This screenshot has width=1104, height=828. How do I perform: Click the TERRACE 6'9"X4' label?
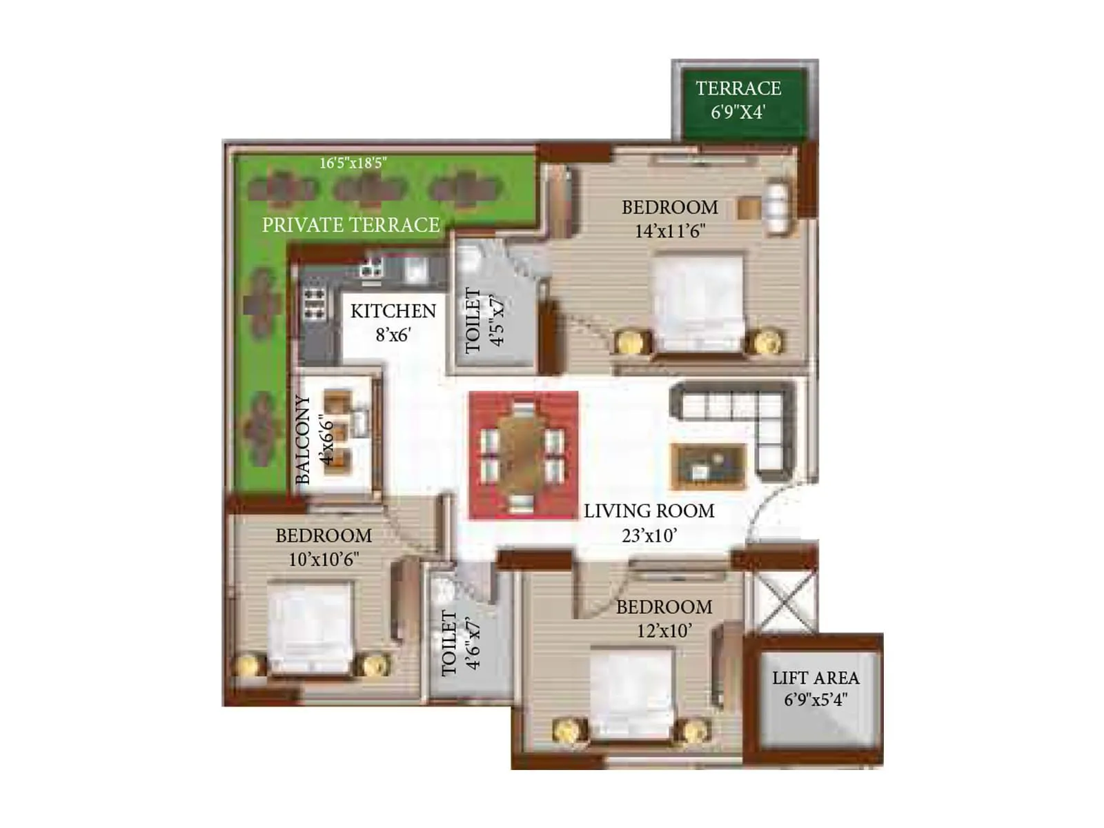[x=738, y=99]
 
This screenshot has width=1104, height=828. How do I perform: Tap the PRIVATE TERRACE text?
[x=351, y=225]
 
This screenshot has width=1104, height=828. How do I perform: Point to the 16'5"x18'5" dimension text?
[x=353, y=163]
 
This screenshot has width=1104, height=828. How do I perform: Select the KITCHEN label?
[x=393, y=311]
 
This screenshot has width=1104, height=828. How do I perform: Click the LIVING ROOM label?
[x=649, y=511]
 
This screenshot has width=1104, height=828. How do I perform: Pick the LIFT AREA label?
[x=816, y=678]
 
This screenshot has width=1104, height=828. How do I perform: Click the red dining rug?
[x=523, y=455]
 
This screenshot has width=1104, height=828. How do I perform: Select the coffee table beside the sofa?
[x=708, y=466]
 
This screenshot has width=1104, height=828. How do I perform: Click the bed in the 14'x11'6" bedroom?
[x=698, y=304]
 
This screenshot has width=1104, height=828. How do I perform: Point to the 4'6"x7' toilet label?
[x=461, y=643]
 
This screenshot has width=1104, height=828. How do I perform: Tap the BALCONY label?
[x=302, y=440]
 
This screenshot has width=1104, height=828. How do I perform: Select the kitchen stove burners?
[x=315, y=304]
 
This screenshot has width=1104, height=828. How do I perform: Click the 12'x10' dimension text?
[x=664, y=631]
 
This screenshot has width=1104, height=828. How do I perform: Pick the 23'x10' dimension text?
[x=649, y=535]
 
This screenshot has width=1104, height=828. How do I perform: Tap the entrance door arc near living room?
[x=769, y=511]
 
